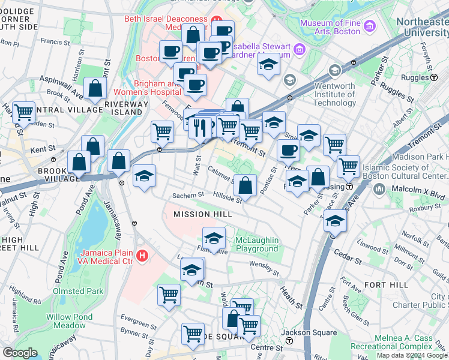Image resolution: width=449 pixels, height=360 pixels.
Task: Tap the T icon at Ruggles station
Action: [433, 78]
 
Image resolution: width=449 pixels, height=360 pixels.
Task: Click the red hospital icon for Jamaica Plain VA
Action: [142, 256]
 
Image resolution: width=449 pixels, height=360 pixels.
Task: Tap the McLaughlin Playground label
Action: [257, 244]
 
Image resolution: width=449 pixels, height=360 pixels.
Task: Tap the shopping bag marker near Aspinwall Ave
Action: [95, 89]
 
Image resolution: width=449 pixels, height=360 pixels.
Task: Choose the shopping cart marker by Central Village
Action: [23, 112]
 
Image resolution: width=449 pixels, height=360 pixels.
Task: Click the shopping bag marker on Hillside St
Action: [245, 185]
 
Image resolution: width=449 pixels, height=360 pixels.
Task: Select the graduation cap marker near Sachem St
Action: [144, 176]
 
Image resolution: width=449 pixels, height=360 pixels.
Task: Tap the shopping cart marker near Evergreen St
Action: [169, 295]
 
